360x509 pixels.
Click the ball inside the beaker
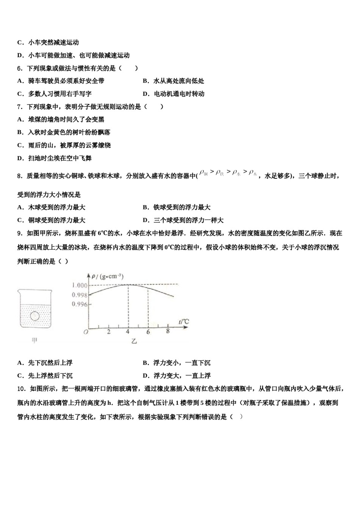(35, 315)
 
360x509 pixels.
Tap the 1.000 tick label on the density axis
(80, 285)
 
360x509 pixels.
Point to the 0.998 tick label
(80, 295)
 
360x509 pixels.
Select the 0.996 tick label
(80, 304)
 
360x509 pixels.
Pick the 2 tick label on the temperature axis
(109, 332)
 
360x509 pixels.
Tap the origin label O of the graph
(86, 332)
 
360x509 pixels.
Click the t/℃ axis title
(185, 322)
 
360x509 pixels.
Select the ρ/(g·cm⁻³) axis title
(108, 276)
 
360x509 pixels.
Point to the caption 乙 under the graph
(134, 341)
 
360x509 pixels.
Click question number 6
(20, 68)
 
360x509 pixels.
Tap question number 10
(21, 389)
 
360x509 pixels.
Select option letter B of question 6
(145, 81)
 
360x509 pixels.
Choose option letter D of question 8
(145, 220)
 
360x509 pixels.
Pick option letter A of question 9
(20, 363)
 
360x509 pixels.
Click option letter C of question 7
(20, 145)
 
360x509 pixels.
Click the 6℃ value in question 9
(102, 233)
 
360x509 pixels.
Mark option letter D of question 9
(145, 376)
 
